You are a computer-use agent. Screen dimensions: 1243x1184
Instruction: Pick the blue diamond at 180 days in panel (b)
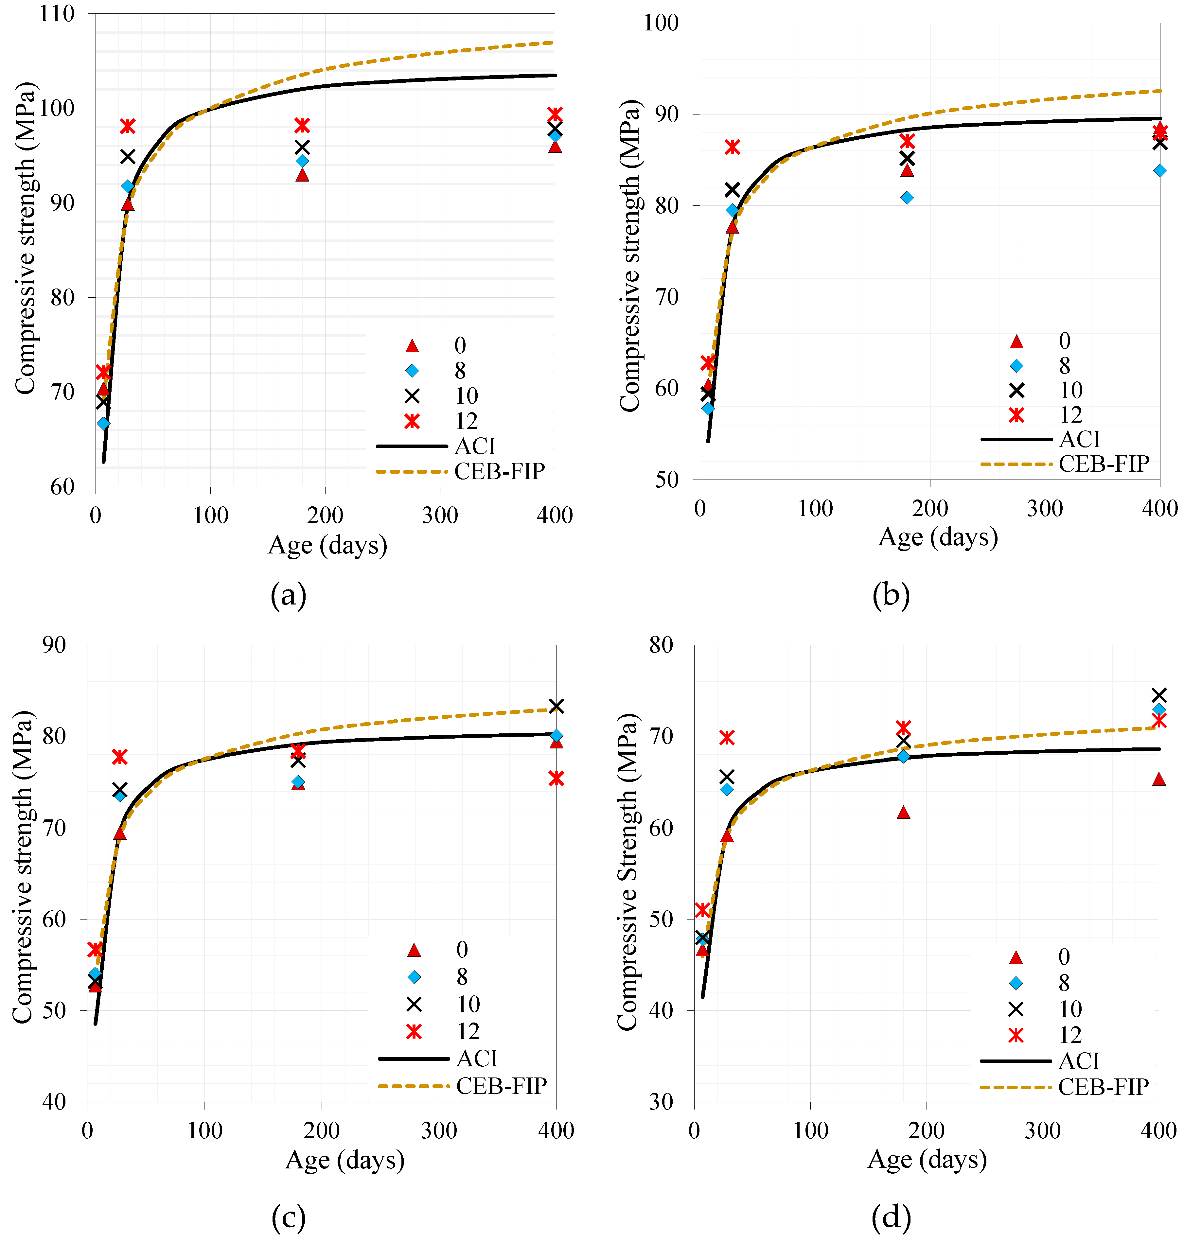click(x=907, y=198)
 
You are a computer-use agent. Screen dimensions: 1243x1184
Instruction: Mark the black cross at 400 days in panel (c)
click(x=556, y=706)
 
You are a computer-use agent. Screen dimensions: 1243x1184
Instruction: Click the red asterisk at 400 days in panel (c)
click(x=556, y=779)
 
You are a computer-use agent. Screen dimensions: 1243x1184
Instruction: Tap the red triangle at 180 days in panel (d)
click(x=903, y=813)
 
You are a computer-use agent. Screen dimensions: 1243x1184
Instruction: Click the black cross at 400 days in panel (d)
click(x=1159, y=695)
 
